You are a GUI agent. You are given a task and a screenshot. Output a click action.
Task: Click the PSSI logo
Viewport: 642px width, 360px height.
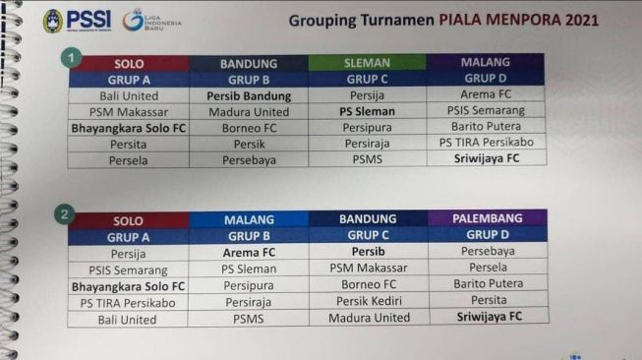[x=53, y=21]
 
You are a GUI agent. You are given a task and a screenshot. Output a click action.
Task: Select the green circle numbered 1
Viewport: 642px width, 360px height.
[x=72, y=57]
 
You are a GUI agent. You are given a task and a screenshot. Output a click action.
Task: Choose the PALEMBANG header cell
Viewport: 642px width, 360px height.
[x=488, y=218]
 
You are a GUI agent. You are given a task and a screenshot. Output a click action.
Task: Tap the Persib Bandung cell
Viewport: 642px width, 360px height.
[x=249, y=96]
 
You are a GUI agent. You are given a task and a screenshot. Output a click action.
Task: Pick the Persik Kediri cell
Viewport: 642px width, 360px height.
[x=368, y=302]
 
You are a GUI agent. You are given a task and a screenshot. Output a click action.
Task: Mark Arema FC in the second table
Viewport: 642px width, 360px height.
[x=248, y=252]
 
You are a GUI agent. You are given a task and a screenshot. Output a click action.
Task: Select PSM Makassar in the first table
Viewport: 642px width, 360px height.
[x=129, y=111]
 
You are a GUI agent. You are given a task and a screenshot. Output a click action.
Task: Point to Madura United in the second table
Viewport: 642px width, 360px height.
[x=368, y=319]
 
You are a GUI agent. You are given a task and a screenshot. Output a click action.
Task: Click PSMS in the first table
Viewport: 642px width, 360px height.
[x=367, y=157]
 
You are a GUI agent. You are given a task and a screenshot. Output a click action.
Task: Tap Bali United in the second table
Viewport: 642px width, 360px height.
[x=128, y=319]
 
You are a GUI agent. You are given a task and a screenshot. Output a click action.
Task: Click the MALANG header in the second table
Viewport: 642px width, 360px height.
[x=248, y=219]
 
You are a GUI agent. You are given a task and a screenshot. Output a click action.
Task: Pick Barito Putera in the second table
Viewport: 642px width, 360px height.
[x=488, y=284]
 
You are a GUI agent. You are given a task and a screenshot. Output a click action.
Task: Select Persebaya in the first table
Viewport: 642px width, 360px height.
[x=249, y=157]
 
